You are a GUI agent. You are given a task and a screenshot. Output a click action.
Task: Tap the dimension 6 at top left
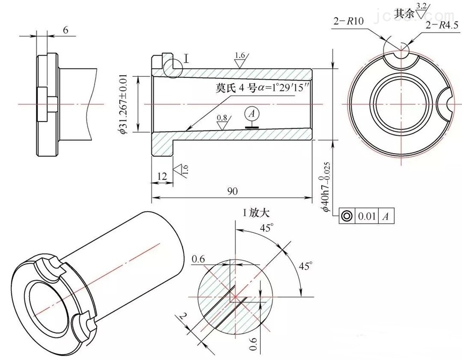65,30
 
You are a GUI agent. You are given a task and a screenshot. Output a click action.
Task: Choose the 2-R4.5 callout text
441,25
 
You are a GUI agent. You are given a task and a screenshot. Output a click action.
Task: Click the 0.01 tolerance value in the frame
366,217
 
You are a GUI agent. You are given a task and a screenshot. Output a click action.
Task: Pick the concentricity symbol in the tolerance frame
346,217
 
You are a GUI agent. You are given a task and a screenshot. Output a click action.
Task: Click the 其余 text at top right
405,13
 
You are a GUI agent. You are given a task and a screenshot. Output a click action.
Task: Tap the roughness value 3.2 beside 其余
423,6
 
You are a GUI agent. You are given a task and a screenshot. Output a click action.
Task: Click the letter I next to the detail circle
186,58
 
